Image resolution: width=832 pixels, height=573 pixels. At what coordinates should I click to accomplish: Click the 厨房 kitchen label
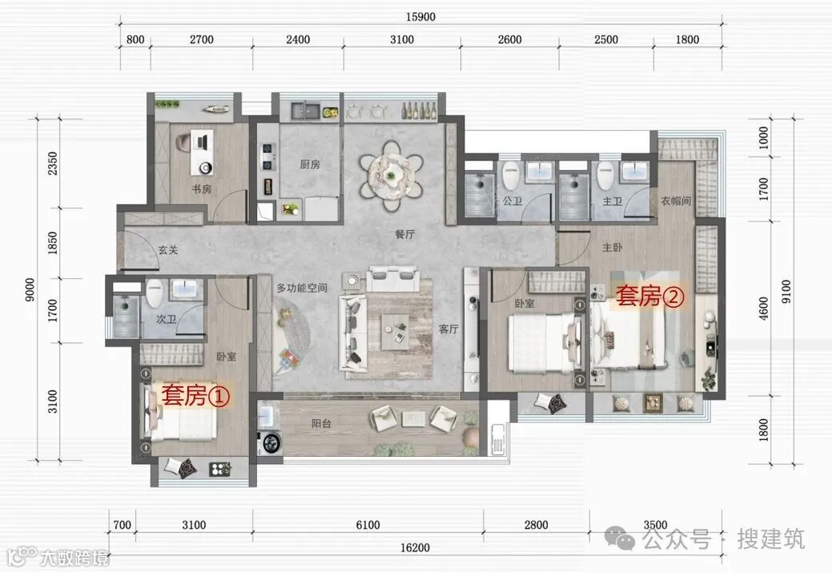coord(310,164)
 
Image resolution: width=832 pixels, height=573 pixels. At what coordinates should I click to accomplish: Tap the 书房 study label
coord(202,188)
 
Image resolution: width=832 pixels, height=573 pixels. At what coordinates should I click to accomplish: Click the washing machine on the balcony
coord(271,442)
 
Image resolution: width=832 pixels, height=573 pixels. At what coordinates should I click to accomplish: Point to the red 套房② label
coord(650,296)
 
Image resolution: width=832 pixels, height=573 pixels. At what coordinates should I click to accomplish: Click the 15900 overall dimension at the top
coord(420,17)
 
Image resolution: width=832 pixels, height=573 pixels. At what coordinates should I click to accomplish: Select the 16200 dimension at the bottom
coord(415,547)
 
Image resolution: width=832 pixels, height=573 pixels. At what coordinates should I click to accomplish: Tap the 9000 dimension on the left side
coord(30,290)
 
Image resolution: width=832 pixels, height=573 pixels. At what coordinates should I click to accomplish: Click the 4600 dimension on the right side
coord(764,309)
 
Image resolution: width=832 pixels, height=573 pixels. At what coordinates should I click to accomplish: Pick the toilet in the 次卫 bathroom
coord(155,293)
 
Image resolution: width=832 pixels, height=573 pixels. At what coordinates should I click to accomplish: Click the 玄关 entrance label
coord(167,249)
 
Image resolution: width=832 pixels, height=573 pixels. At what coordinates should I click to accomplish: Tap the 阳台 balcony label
coord(322,423)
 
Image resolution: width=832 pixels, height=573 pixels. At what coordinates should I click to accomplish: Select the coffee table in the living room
coord(395,331)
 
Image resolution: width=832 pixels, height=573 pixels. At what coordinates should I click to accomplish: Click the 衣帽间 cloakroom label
coord(676,200)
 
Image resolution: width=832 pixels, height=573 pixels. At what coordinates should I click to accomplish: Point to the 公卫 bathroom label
coord(512,201)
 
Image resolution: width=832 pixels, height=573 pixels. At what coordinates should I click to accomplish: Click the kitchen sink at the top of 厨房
coord(304,111)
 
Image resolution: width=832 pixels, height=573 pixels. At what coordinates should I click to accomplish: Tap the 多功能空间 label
coord(301,288)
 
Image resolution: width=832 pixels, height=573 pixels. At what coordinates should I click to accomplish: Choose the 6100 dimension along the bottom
coord(368,525)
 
